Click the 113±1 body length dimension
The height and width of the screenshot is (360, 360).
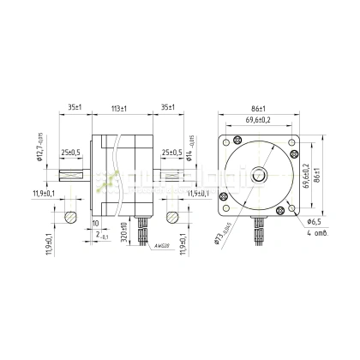121,109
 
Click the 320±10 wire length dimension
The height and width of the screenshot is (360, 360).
123,232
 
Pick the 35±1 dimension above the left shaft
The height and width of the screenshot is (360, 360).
75,109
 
